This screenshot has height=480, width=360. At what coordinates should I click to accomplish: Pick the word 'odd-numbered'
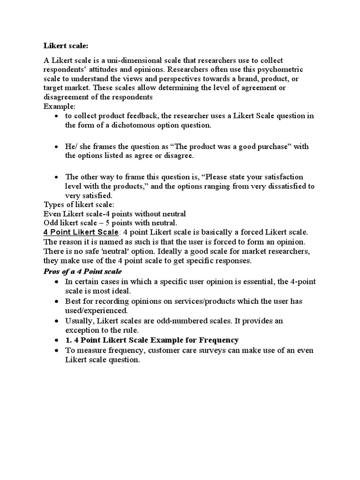[x=186, y=321]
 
